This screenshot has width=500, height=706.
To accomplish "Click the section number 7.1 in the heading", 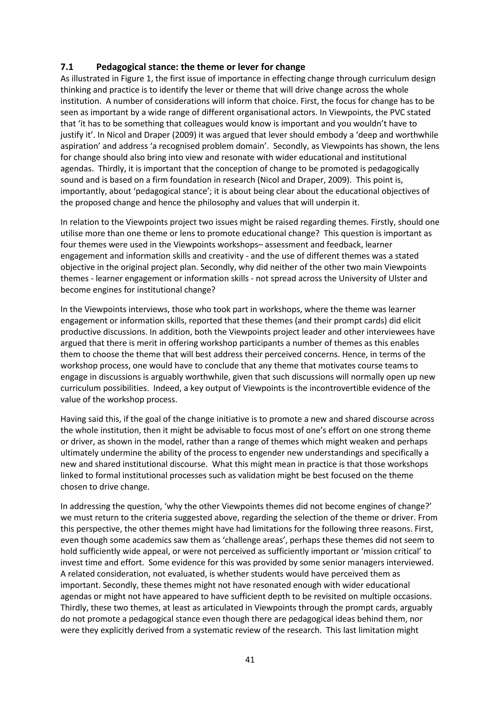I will point(67,67).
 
